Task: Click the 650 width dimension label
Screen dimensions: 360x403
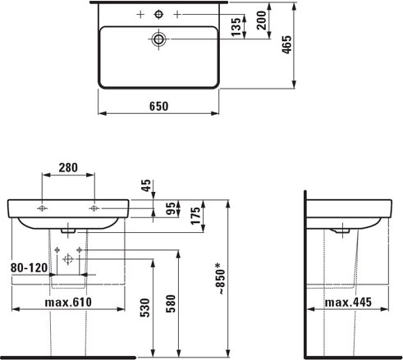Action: coord(158,106)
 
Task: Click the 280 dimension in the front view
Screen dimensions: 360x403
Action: coord(68,169)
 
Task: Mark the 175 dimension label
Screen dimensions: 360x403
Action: coord(195,216)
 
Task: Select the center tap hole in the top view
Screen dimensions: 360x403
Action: coord(158,14)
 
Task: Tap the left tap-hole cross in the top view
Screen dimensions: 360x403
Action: coord(140,15)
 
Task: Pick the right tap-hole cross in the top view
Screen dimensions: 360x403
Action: coord(176,15)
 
